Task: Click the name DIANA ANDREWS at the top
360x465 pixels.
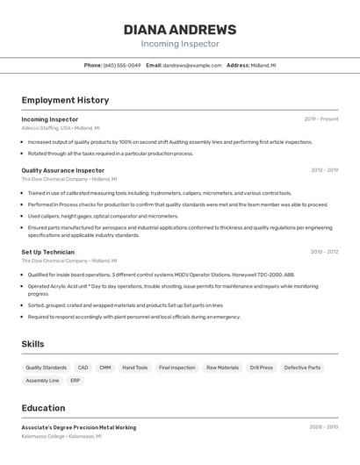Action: click(x=180, y=29)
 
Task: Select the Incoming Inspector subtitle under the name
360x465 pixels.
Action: click(x=180, y=44)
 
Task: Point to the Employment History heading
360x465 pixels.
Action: click(x=65, y=100)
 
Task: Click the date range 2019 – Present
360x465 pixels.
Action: click(x=321, y=118)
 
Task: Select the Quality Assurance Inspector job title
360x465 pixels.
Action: click(x=62, y=170)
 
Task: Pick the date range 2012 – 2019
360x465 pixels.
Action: click(x=324, y=170)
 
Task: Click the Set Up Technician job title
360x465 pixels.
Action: click(x=47, y=252)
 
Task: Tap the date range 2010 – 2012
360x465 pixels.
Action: click(x=324, y=252)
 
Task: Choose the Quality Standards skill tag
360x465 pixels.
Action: click(x=46, y=368)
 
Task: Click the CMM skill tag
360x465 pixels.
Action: click(x=105, y=368)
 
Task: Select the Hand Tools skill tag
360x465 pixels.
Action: click(x=135, y=368)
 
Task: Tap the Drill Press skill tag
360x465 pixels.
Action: click(x=262, y=368)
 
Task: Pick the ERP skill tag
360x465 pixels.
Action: click(x=76, y=381)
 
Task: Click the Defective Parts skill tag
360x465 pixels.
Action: click(x=302, y=368)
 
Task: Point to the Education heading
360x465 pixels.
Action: click(x=43, y=408)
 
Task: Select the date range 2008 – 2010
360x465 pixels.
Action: click(x=324, y=427)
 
